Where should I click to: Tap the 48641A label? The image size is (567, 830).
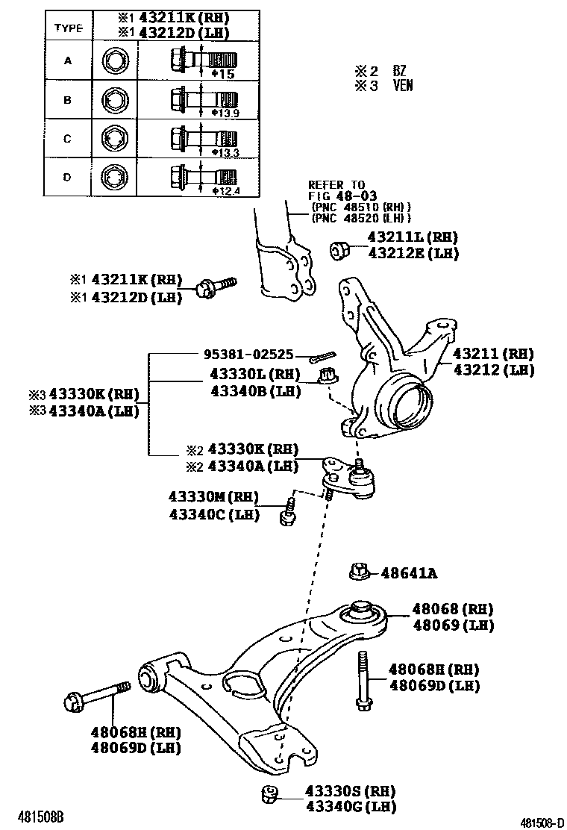point(408,573)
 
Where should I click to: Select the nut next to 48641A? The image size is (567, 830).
point(358,572)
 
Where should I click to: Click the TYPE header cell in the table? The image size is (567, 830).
point(68,28)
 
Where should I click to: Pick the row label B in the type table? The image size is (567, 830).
point(68,99)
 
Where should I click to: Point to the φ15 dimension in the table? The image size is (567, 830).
point(224,74)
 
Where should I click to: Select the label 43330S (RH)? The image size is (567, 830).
point(350,790)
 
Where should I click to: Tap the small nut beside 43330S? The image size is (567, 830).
point(270,796)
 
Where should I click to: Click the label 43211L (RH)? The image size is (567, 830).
point(412,237)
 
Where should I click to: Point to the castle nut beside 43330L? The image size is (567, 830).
point(326,377)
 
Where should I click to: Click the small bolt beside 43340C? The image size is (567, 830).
point(289,514)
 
